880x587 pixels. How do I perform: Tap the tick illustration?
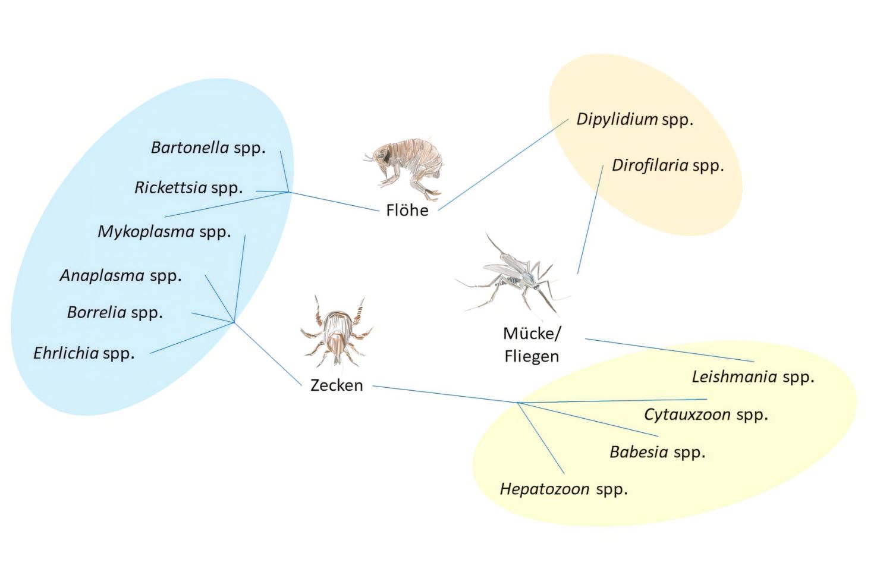pos(337,333)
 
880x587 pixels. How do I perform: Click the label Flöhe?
pos(407,211)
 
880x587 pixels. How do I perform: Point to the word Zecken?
pos(337,385)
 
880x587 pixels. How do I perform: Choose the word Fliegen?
pos(532,356)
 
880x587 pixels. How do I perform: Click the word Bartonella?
pos(190,147)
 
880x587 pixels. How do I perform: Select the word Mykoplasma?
pos(146,231)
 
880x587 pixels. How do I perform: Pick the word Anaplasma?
pos(102,275)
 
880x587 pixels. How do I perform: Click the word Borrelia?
pos(96,312)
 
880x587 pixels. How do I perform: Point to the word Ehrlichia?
pos(66,353)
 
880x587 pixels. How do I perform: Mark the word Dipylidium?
pos(617,120)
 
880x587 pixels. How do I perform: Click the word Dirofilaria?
pos(650,165)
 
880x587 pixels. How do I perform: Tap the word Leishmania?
pos(734,376)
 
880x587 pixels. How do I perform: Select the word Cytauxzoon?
pos(687,415)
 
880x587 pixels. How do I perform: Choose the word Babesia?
pos(639,452)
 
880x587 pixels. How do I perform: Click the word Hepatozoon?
pos(545,489)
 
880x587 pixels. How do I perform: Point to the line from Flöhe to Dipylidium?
pos(504,164)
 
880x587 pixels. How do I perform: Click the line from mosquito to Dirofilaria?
pos(590,220)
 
